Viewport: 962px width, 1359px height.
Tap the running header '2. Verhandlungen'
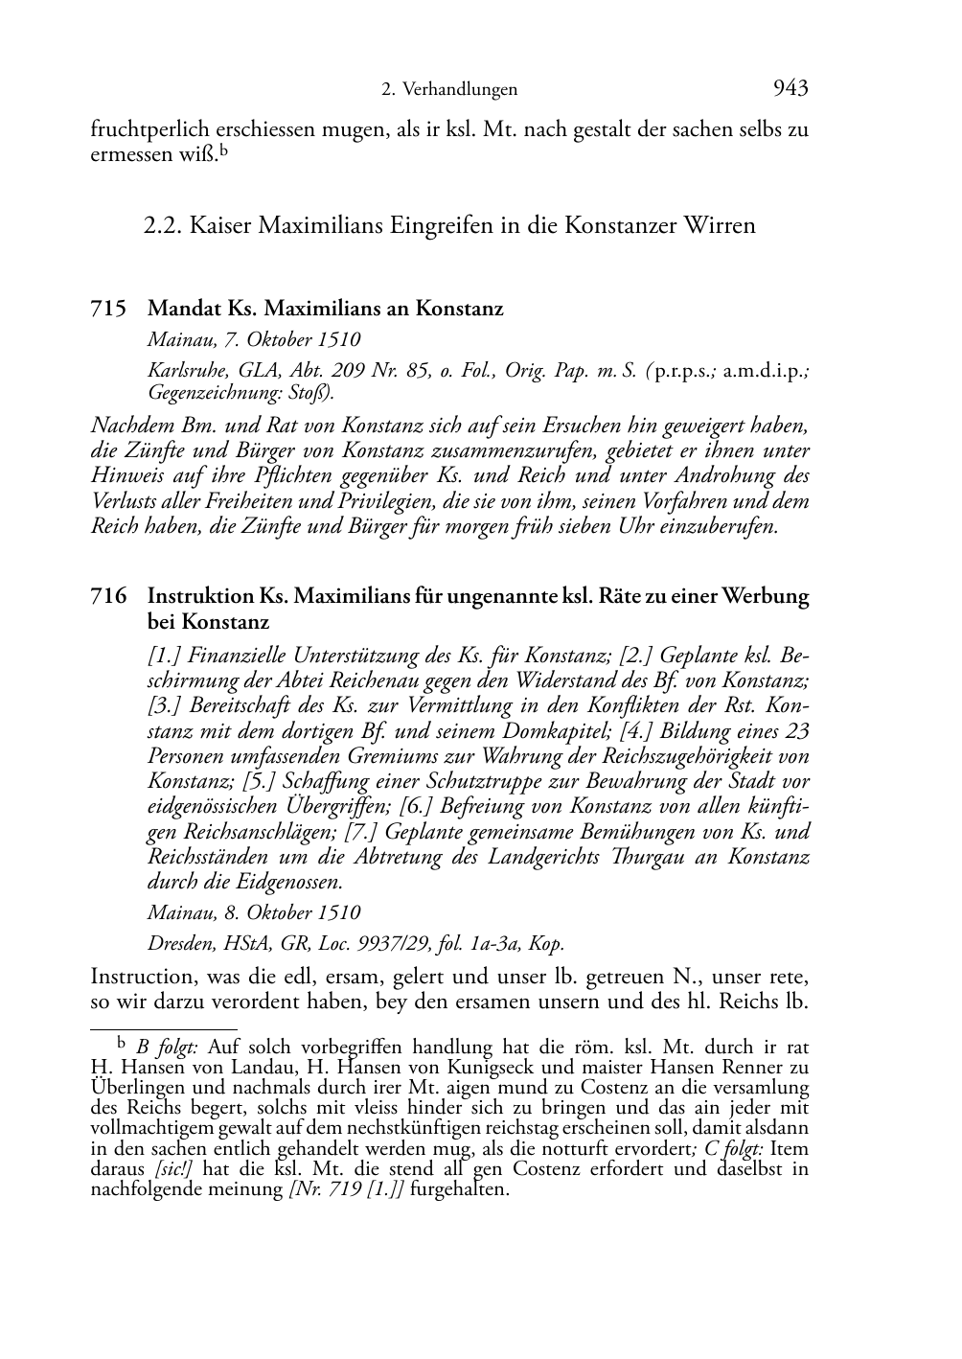coord(449,90)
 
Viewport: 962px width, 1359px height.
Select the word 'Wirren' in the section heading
coord(719,226)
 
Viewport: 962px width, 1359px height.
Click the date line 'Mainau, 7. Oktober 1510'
coord(254,339)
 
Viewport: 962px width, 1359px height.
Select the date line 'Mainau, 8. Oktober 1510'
coord(254,913)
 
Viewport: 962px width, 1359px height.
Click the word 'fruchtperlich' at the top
coord(148,129)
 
